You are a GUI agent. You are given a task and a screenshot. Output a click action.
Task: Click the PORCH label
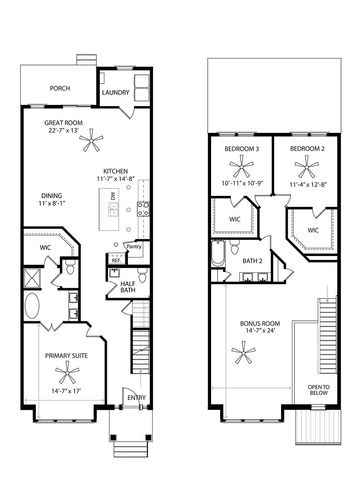tap(59, 86)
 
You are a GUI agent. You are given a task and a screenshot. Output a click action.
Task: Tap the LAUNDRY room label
tap(116, 93)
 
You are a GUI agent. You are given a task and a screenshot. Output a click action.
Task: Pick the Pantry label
tap(133, 246)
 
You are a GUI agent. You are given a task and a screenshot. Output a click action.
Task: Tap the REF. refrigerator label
tap(116, 259)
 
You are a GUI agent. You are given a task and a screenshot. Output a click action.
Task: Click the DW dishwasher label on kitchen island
tap(114, 196)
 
